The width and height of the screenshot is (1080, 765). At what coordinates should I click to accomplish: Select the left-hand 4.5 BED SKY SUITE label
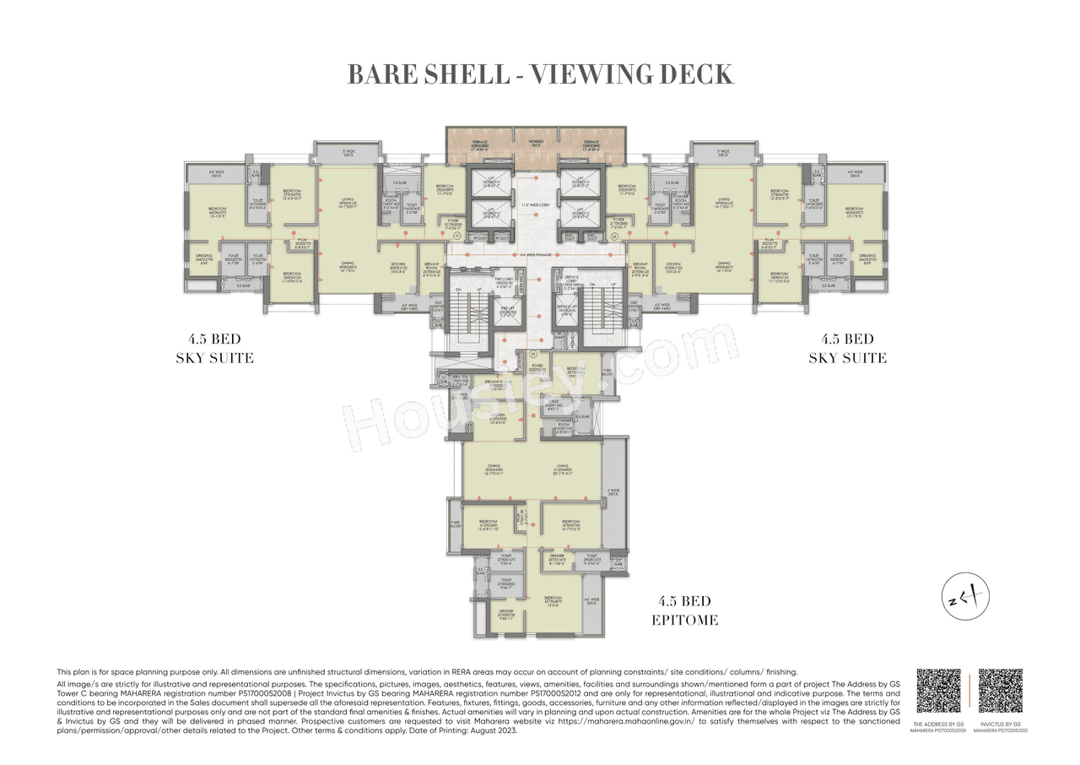coord(214,349)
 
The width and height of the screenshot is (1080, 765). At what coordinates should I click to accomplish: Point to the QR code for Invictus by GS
coord(1001,692)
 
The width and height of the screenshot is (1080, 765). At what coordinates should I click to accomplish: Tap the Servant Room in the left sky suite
coord(431,271)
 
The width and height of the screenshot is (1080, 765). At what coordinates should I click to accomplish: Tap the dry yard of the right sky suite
coord(663,307)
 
